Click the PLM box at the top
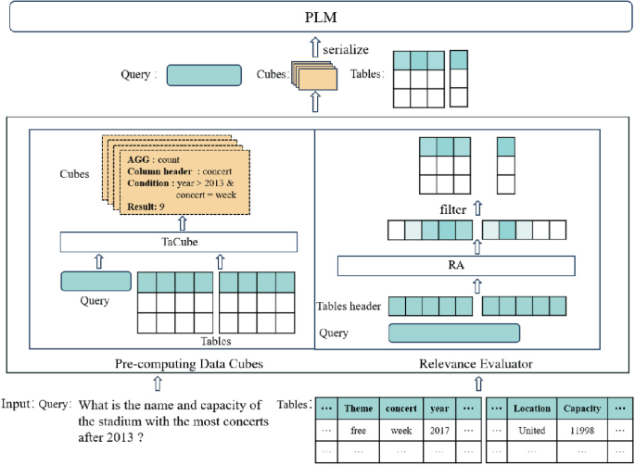click(x=317, y=18)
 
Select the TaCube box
click(x=179, y=243)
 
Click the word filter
click(x=453, y=209)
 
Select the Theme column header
click(x=358, y=408)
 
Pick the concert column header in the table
click(x=401, y=408)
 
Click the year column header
click(x=439, y=408)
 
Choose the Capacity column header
click(x=581, y=408)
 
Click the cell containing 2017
click(x=439, y=431)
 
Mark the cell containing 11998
click(x=581, y=431)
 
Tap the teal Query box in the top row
click(x=204, y=75)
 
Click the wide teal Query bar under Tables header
click(x=453, y=333)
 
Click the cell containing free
click(x=358, y=431)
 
